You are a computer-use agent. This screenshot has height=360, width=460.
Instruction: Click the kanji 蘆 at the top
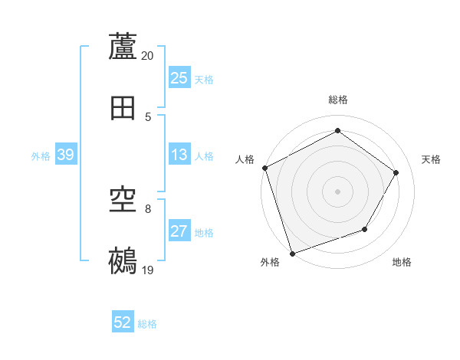123,47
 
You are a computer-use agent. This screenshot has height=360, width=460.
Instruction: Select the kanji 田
123,108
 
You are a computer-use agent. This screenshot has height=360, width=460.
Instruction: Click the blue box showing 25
179,78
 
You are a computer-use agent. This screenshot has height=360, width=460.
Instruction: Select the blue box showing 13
179,155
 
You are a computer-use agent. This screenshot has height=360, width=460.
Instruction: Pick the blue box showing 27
179,232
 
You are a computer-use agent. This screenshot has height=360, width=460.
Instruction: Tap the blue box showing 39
65,155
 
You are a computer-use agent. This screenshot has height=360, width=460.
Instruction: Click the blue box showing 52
123,323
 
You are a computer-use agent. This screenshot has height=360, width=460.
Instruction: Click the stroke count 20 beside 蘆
148,56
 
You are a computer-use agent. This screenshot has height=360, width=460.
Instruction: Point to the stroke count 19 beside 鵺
148,270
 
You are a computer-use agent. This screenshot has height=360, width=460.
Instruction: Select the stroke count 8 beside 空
148,208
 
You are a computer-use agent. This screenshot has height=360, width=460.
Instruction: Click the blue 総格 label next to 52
147,324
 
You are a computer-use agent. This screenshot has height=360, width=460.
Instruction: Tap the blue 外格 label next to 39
41,156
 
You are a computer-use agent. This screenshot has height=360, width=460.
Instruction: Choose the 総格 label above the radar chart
337,100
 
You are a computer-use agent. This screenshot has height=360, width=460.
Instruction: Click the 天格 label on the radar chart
431,159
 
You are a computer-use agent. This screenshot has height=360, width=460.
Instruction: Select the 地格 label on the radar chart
402,263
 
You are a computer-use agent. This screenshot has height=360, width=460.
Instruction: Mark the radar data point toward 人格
264,168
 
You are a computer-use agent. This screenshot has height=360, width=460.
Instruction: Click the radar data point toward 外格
292,253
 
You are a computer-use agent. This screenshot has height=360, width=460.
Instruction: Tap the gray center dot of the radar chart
337,191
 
